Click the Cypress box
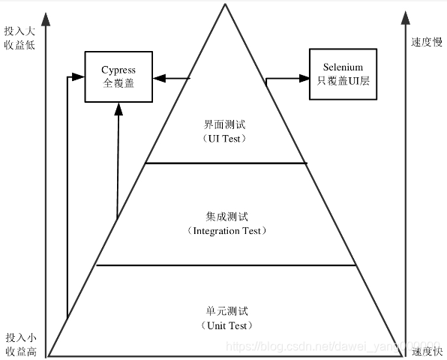click(118, 76)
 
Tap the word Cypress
click(118, 70)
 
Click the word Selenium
click(343, 67)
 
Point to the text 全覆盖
click(118, 82)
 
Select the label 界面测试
click(226, 125)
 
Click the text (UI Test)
click(226, 139)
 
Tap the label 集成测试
click(226, 217)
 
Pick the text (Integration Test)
click(226, 231)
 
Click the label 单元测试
click(226, 311)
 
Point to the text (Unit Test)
click(226, 325)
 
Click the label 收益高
click(19, 350)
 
